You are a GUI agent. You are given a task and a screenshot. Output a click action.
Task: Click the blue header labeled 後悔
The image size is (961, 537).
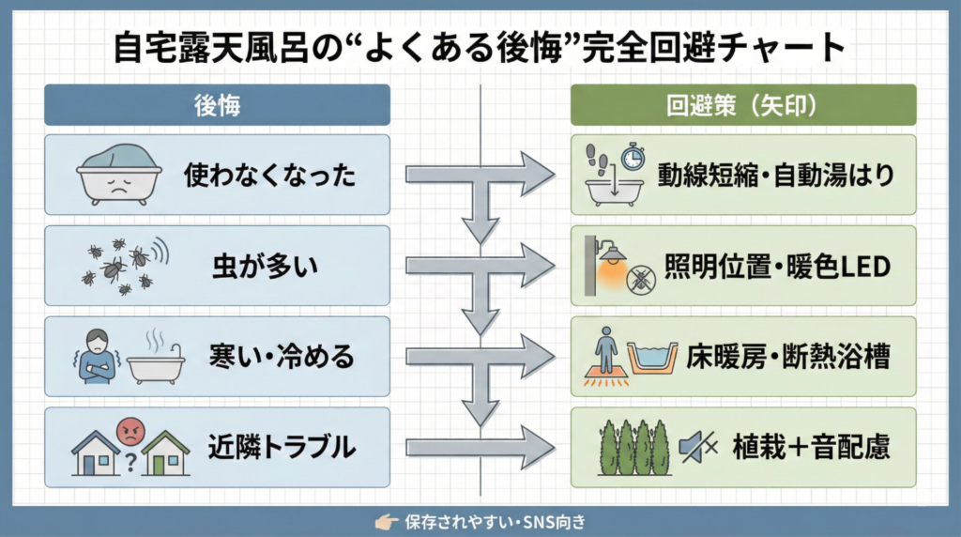(217, 105)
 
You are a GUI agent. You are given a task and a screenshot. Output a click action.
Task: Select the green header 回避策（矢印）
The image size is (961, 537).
(743, 105)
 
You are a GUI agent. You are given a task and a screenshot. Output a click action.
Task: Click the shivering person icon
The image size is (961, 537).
(98, 356)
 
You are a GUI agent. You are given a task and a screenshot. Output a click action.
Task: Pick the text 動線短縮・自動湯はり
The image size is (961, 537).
(775, 175)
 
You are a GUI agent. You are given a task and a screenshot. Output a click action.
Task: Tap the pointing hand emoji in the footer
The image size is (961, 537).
(383, 522)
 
